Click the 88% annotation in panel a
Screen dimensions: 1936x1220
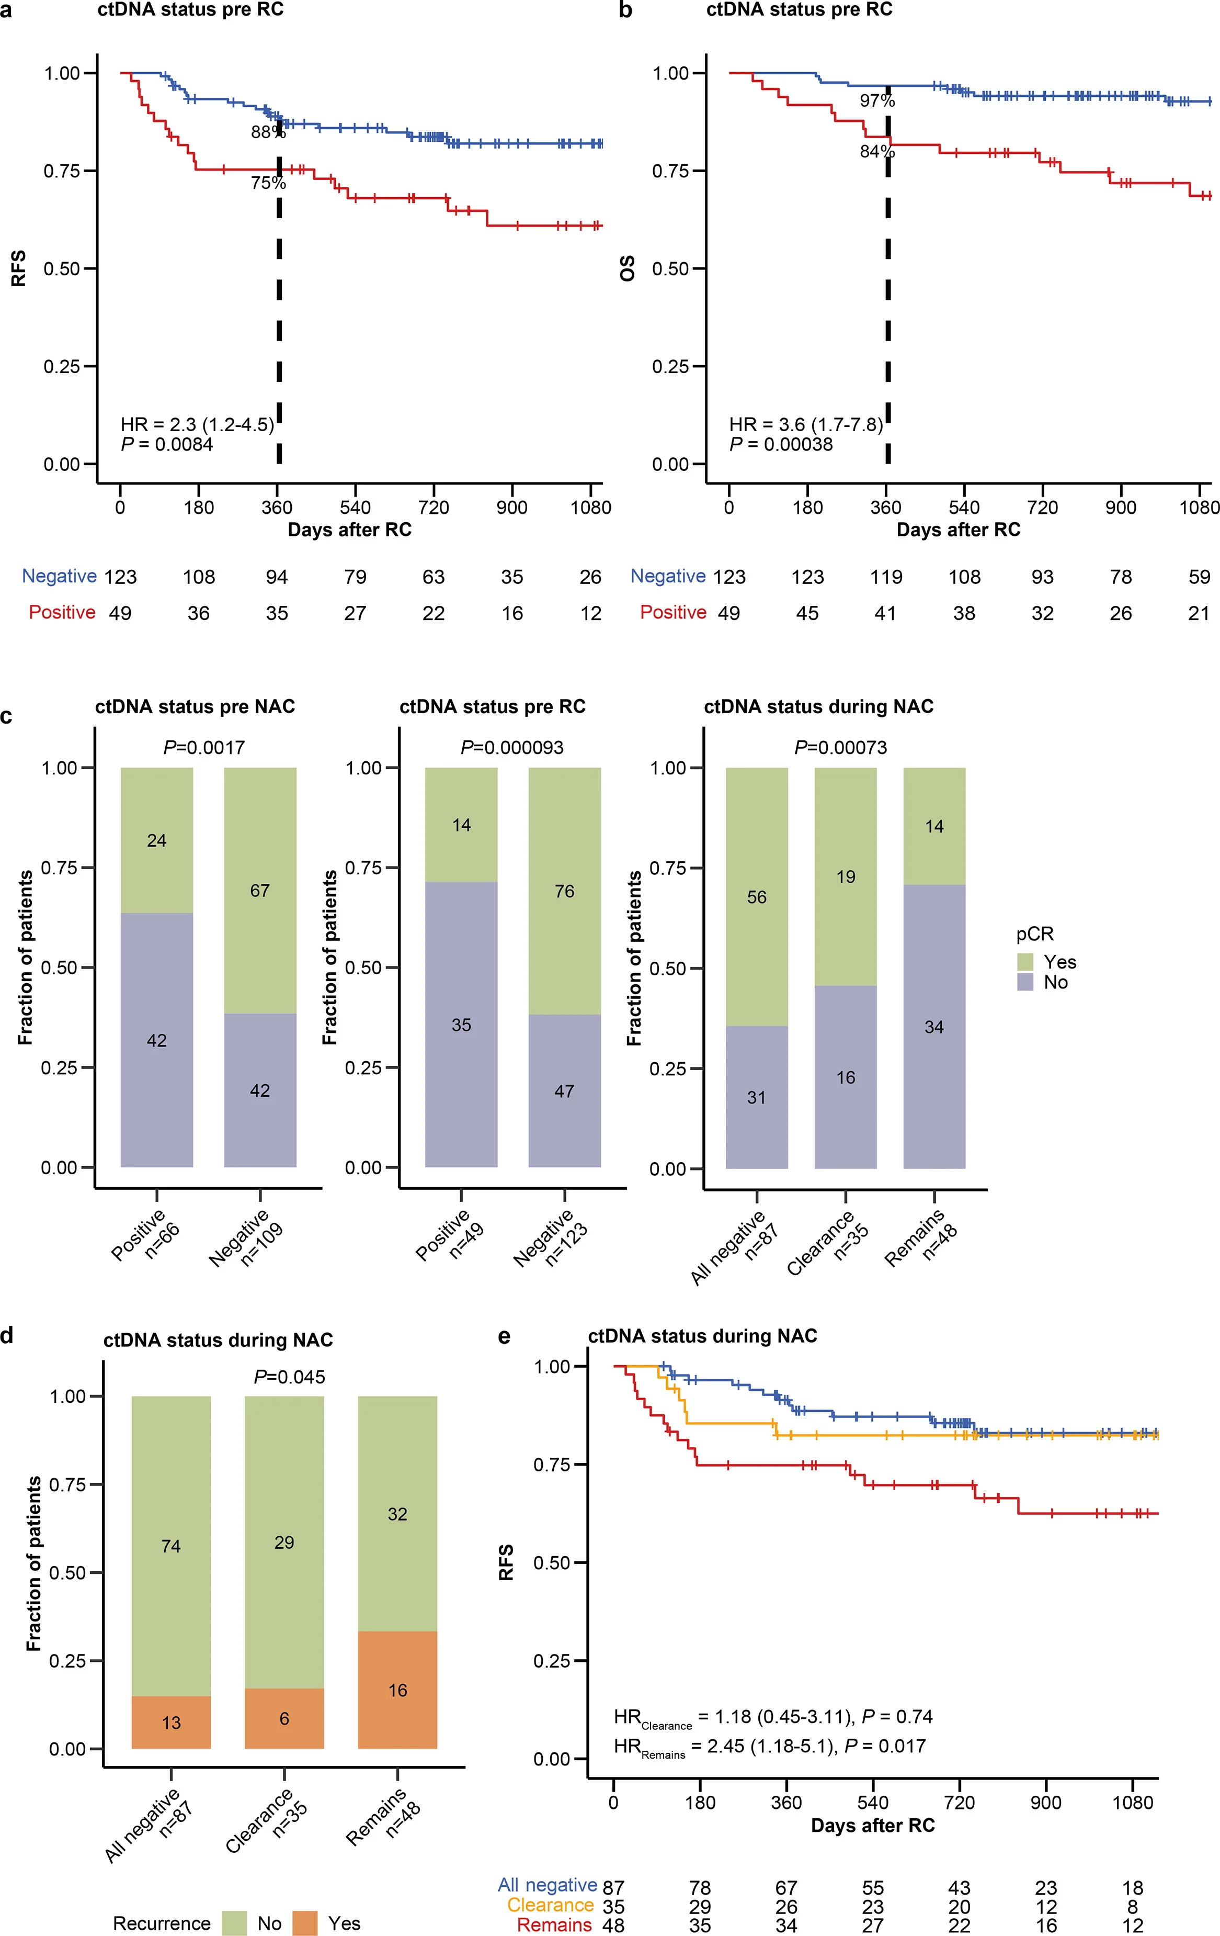(268, 132)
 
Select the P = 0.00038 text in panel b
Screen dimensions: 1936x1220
(781, 445)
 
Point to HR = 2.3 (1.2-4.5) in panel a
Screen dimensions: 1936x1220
(197, 424)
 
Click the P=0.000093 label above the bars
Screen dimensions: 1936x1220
(512, 748)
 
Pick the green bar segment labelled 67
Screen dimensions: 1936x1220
(259, 890)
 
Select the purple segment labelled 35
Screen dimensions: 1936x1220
(461, 1025)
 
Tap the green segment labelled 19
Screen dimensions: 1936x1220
(846, 876)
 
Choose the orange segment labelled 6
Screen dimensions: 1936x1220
(284, 1718)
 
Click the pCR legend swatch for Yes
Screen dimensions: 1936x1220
(1025, 962)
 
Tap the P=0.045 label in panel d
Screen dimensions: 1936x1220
(289, 1377)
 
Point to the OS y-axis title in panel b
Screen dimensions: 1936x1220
(628, 268)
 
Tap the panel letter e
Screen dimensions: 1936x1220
(504, 1337)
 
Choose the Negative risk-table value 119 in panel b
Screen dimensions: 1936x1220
(886, 577)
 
